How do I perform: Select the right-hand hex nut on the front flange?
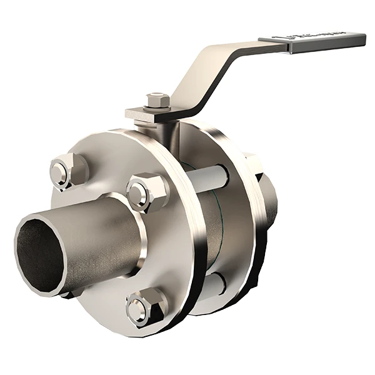pyautogui.click(x=147, y=192)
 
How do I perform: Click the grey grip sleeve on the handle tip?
pyautogui.click(x=328, y=42)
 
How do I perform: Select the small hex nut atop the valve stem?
pyautogui.click(x=157, y=100)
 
